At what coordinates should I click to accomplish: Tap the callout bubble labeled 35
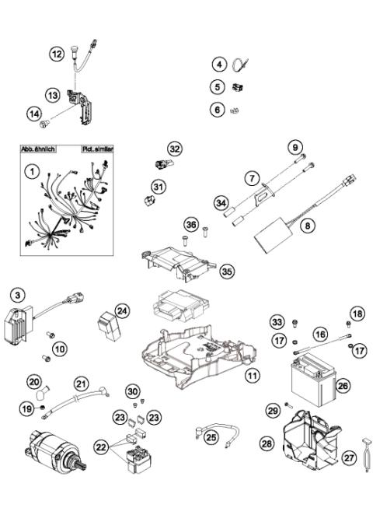(226, 271)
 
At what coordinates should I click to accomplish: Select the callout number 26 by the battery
(343, 384)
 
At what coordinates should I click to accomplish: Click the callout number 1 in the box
(32, 170)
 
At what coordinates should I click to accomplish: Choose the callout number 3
(16, 293)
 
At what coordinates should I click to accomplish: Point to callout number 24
(122, 310)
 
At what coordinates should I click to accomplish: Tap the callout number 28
(267, 443)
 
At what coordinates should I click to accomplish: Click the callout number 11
(252, 376)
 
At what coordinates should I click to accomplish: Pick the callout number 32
(175, 149)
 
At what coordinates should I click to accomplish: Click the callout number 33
(277, 322)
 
